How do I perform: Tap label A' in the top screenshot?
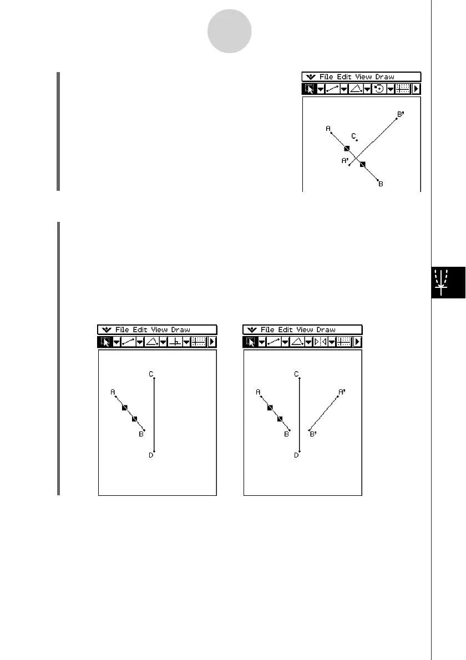(345, 161)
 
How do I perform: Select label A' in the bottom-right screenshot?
(342, 392)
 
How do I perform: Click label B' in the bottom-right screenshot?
(313, 435)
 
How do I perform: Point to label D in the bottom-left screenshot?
(150, 455)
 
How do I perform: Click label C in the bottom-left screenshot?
(150, 374)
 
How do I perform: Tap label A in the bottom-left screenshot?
(113, 392)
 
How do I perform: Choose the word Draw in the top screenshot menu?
(385, 77)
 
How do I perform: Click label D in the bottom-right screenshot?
(296, 455)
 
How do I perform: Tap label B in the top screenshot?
(381, 184)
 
